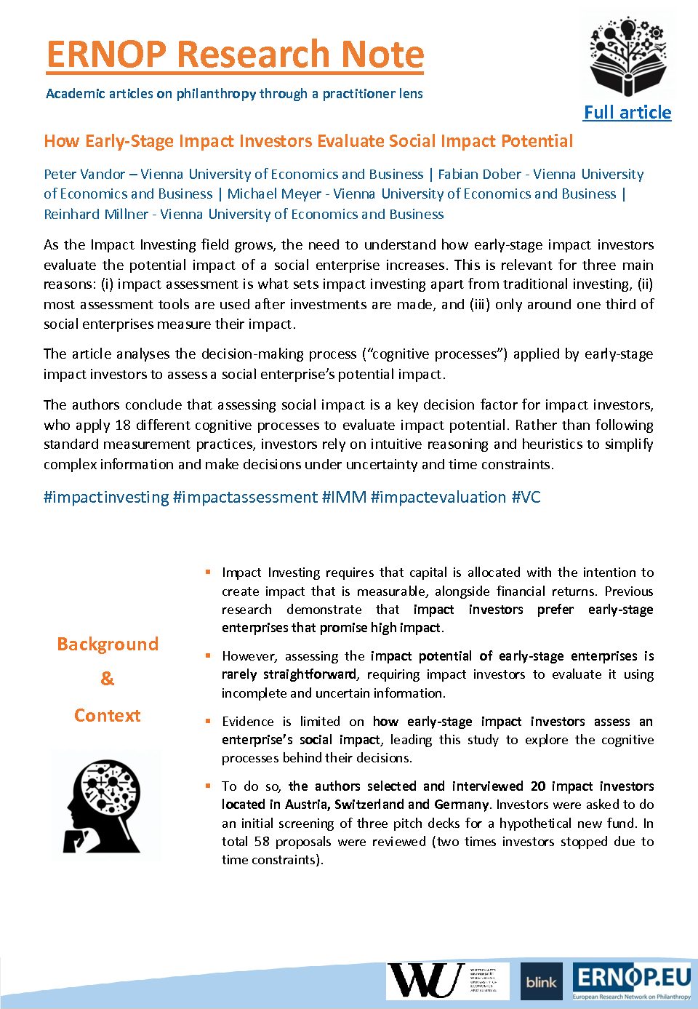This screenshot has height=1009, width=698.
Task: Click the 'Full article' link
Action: click(627, 113)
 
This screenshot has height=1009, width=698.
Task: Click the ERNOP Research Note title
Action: click(235, 55)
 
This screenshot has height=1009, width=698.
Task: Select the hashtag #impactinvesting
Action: click(106, 498)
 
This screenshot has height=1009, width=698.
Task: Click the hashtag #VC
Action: click(526, 498)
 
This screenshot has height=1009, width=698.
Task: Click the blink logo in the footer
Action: click(542, 982)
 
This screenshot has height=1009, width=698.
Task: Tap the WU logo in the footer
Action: click(427, 981)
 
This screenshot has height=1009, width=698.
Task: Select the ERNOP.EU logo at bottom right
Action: click(632, 981)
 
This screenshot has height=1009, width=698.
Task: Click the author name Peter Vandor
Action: click(84, 175)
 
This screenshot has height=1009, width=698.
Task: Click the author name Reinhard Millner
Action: click(96, 215)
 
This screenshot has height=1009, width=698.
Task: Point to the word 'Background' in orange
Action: click(108, 645)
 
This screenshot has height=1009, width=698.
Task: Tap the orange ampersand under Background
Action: click(108, 679)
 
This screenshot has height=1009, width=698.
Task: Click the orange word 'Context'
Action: click(108, 716)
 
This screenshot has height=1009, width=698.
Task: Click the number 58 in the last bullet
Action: click(262, 842)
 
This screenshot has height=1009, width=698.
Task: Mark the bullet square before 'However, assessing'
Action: click(208, 655)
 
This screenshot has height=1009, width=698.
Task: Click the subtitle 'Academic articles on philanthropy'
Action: click(234, 94)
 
